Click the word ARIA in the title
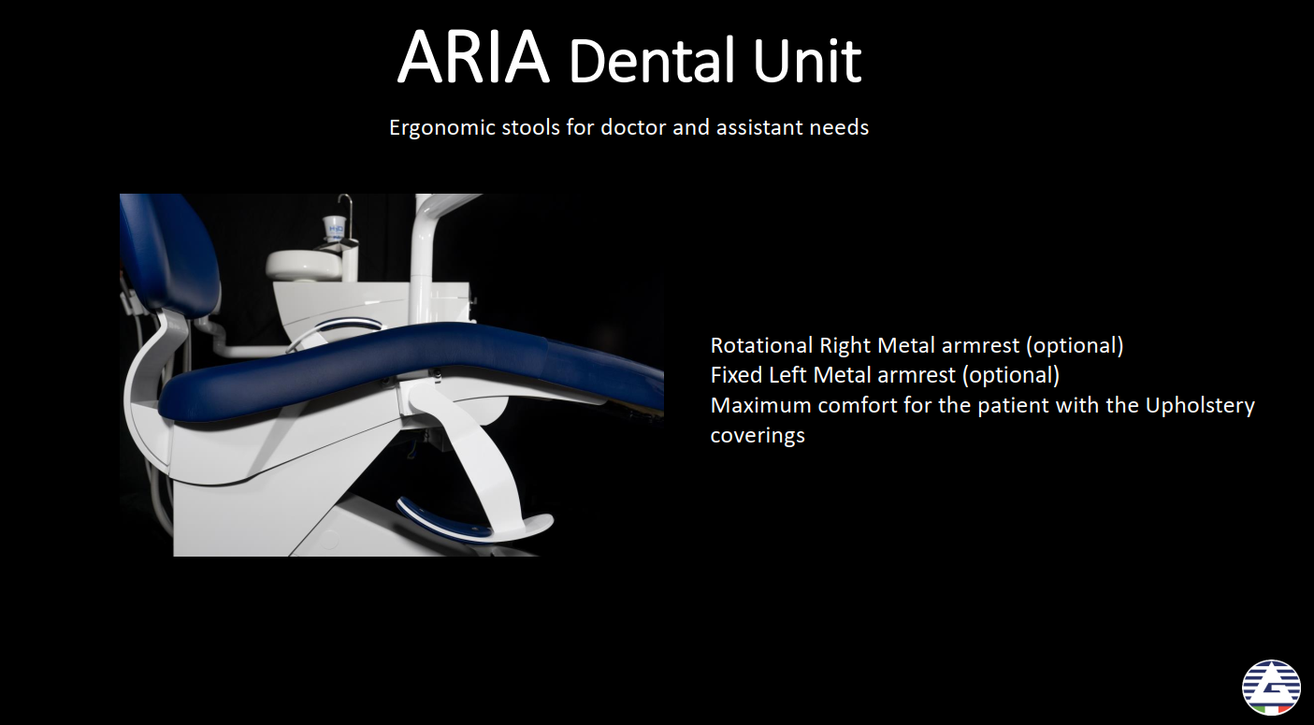click(x=473, y=56)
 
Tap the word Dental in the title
click(x=652, y=60)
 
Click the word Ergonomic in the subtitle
click(x=442, y=128)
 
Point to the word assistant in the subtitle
click(x=759, y=127)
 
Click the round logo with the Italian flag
click(x=1271, y=688)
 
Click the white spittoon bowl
click(x=304, y=265)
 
